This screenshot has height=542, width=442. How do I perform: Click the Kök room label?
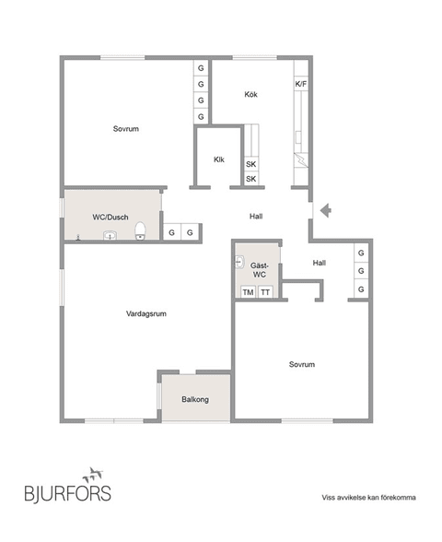click(x=250, y=95)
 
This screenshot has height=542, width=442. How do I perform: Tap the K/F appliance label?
click(x=300, y=84)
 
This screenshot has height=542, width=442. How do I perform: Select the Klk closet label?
click(x=219, y=159)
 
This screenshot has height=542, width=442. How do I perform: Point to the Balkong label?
click(x=194, y=399)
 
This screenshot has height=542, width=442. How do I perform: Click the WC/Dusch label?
click(x=110, y=217)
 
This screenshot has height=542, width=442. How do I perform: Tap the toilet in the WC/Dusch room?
click(x=140, y=230)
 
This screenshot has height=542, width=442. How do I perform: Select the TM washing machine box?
click(x=247, y=292)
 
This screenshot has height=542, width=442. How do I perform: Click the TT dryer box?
click(x=265, y=292)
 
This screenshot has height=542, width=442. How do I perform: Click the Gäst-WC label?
click(x=261, y=269)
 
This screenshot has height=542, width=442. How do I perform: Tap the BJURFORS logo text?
click(x=67, y=493)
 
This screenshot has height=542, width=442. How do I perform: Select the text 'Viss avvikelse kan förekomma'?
click(x=368, y=497)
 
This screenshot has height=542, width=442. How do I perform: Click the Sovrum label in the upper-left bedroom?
click(x=125, y=129)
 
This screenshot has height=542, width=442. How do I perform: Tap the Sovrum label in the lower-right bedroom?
click(x=302, y=364)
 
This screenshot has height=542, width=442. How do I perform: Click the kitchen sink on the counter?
click(x=300, y=160)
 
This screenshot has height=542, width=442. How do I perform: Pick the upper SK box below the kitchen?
click(x=250, y=164)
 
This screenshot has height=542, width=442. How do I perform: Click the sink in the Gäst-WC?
click(x=239, y=261)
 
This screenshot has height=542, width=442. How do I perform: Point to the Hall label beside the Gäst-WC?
click(x=319, y=263)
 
